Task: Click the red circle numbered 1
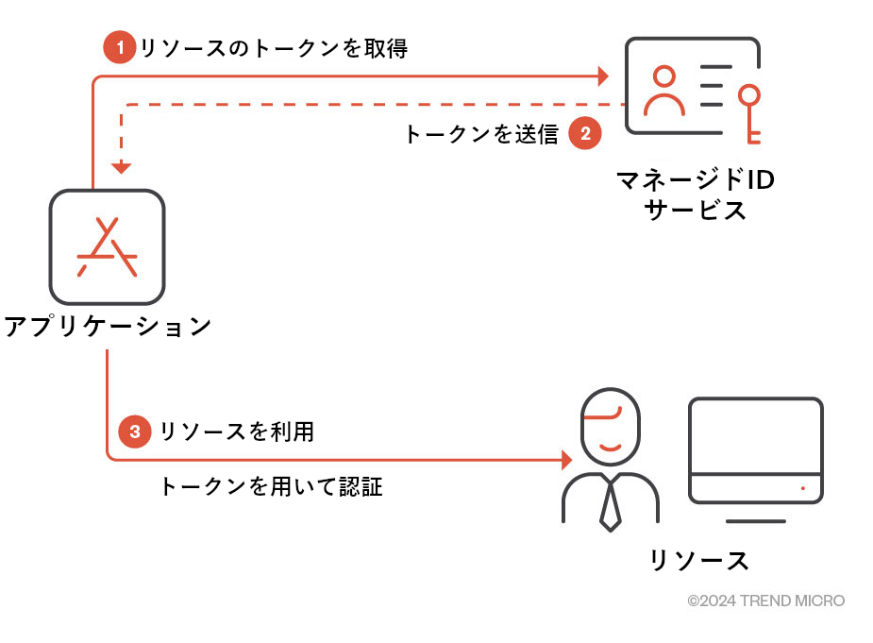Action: click(120, 47)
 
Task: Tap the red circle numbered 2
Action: click(585, 134)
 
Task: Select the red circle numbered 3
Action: click(135, 432)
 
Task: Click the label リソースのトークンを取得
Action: click(274, 48)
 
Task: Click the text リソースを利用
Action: click(237, 432)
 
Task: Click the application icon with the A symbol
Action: click(108, 246)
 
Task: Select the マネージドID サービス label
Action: click(695, 195)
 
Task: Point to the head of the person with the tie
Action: click(611, 425)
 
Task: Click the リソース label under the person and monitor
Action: click(699, 560)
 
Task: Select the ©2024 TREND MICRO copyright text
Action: click(765, 601)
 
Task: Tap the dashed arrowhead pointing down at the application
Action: click(121, 167)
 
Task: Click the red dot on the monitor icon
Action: click(803, 488)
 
